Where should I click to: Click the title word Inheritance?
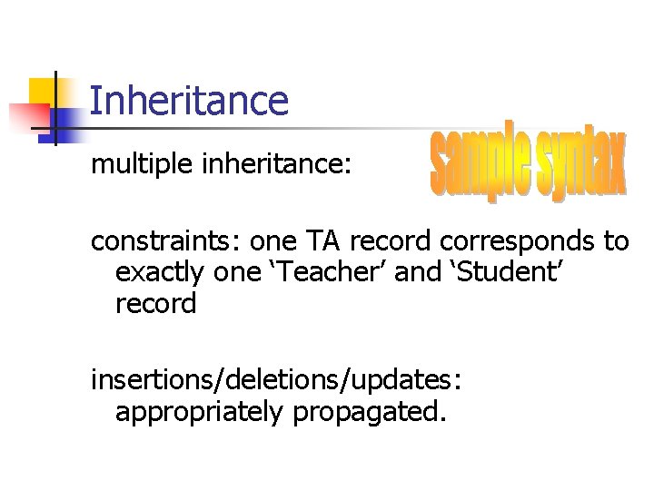pyautogui.click(x=189, y=101)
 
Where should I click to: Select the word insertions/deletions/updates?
pyautogui.click(x=276, y=381)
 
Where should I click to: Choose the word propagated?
pyautogui.click(x=371, y=413)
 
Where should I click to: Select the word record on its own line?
pyautogui.click(x=155, y=304)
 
